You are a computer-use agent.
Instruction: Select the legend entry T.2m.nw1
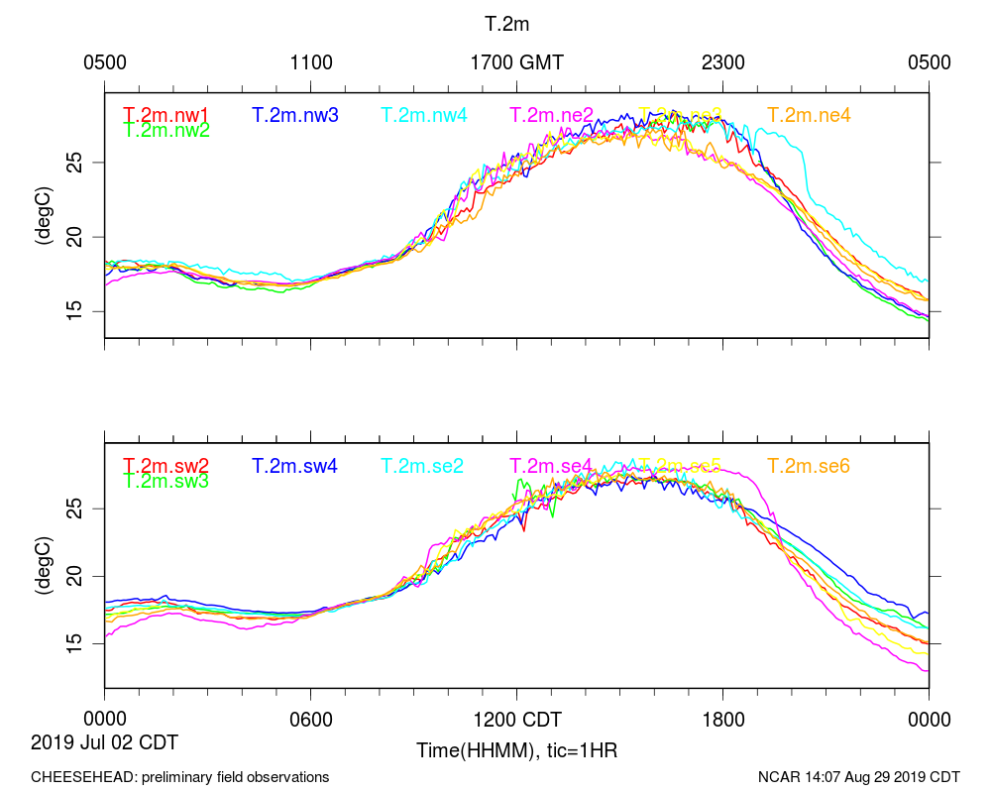(x=166, y=115)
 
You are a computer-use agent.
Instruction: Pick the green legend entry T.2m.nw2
(x=166, y=129)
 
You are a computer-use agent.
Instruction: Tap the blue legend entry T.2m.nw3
(x=295, y=115)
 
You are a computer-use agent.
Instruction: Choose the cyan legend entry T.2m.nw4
(x=424, y=115)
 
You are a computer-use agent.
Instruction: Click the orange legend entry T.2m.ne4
(x=809, y=115)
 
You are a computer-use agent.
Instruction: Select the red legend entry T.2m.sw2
(x=166, y=466)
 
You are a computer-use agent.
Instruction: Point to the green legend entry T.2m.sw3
(x=166, y=481)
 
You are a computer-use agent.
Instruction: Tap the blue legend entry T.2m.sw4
(x=295, y=466)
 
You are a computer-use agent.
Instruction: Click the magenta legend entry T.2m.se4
(x=551, y=466)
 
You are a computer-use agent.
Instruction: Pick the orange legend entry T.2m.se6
(x=809, y=466)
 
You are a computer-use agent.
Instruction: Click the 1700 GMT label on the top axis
(x=516, y=62)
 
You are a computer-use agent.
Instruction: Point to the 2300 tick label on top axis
(x=723, y=62)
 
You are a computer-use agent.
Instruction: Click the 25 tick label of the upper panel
(x=85, y=162)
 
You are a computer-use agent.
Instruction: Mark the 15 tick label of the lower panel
(x=85, y=643)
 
